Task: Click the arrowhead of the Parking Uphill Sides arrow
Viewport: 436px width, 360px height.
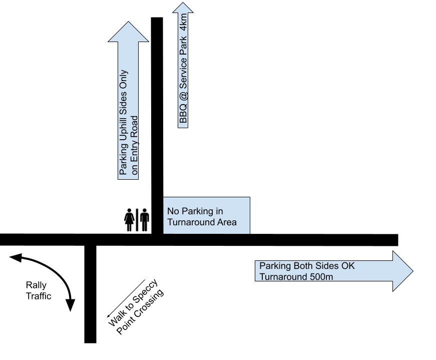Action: [x=128, y=32]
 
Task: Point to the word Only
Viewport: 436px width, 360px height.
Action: [x=123, y=80]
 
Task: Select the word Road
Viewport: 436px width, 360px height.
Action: [x=134, y=127]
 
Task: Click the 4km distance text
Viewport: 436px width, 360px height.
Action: [x=183, y=23]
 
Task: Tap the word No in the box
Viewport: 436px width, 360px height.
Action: [x=173, y=211]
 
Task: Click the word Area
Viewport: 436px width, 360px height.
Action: [x=225, y=222]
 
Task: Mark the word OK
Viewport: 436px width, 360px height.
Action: [x=347, y=266]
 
